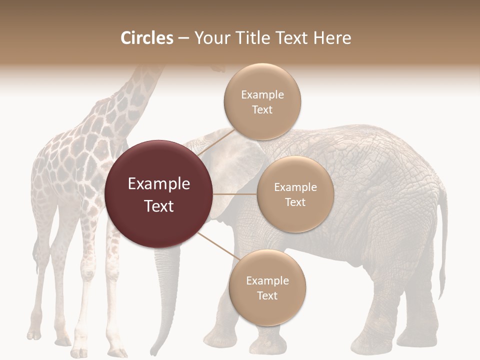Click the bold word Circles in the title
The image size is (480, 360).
pos(146,38)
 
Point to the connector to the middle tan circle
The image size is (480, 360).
pos(234,193)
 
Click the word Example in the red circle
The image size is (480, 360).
pos(158,184)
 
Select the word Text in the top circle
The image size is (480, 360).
pos(262,110)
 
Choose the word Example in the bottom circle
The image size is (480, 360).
pos(267,281)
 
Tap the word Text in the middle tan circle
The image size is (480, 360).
pos(295,202)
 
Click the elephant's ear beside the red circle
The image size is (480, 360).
pos(235,165)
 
